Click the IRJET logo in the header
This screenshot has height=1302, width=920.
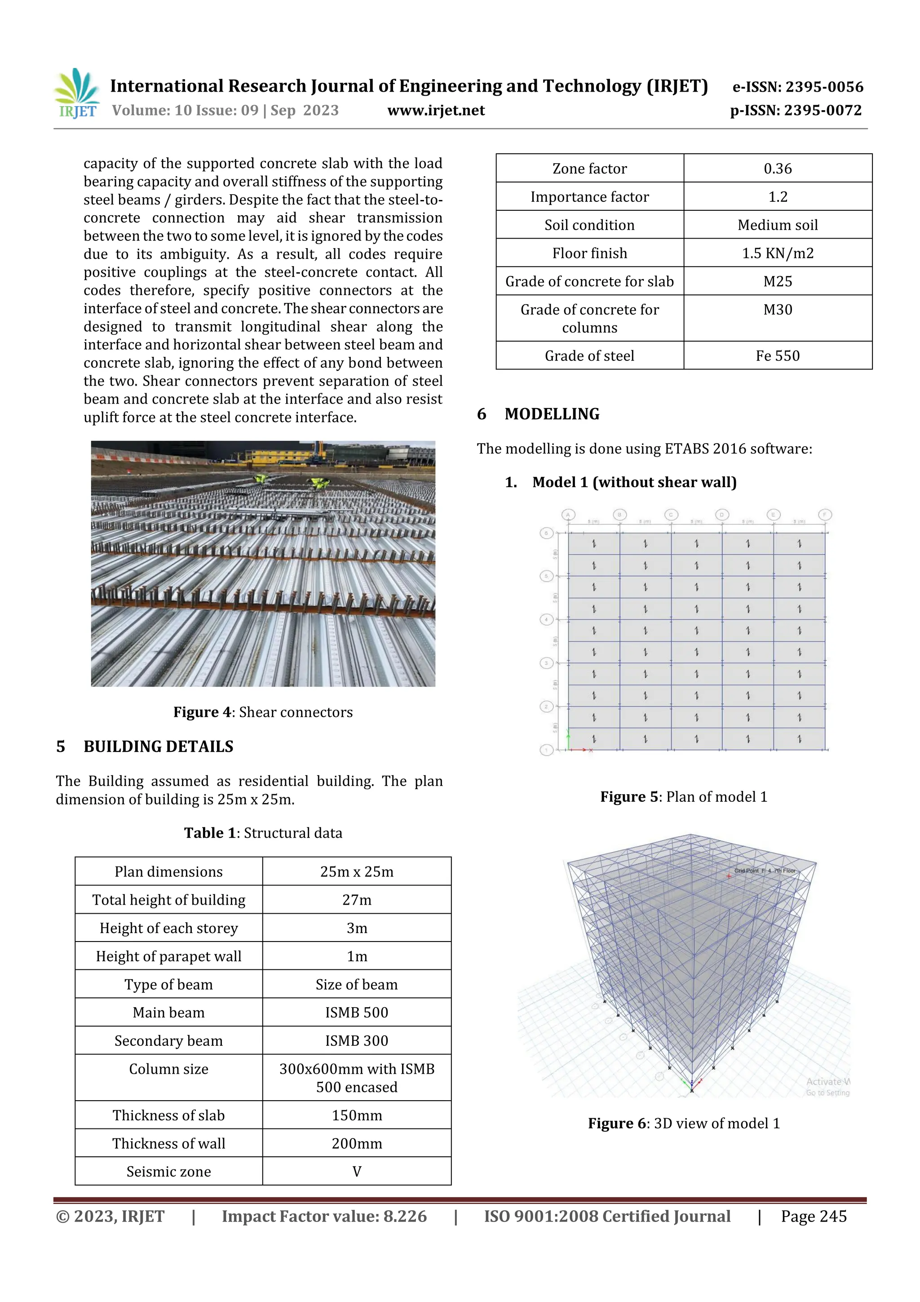[x=77, y=93]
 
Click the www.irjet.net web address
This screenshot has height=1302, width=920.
[x=436, y=111]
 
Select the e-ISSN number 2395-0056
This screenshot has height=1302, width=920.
[x=797, y=87]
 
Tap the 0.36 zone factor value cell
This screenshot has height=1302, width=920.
[x=777, y=169]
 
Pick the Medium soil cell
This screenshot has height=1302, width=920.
[x=777, y=225]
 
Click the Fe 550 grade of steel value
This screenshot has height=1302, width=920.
[x=777, y=355]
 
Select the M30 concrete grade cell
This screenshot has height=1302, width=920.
[x=777, y=310]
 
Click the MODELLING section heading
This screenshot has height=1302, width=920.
[x=552, y=414]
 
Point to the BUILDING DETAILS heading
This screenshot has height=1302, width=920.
[x=158, y=746]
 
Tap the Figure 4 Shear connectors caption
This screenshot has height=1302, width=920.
[x=263, y=712]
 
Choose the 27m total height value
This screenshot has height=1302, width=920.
[x=357, y=900]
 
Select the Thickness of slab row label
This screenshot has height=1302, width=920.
[x=168, y=1115]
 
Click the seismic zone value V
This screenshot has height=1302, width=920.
[x=357, y=1172]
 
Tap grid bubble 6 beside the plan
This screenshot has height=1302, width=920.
[x=546, y=533]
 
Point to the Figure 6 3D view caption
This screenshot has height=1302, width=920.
[x=684, y=1124]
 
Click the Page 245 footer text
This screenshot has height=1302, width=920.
[x=814, y=1216]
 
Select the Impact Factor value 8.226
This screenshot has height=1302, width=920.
[x=324, y=1216]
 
